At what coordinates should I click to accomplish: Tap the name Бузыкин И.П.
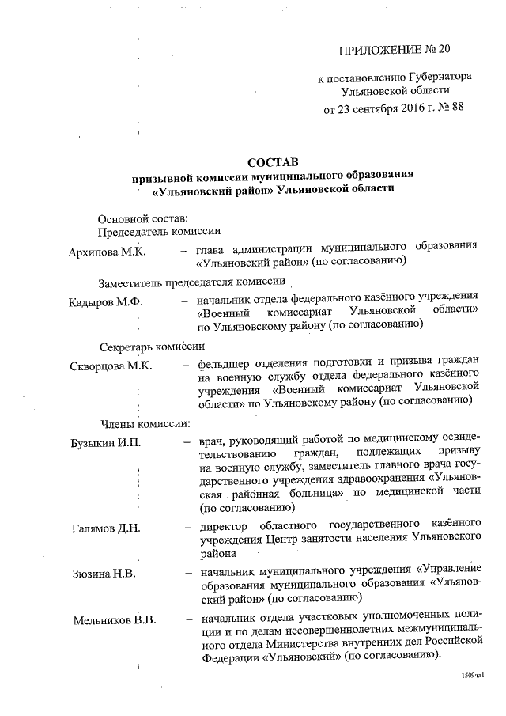pos(106,441)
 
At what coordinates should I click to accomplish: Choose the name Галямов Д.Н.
pos(105,528)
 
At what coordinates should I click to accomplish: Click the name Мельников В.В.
pos(113,619)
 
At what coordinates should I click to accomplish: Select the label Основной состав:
pos(142,217)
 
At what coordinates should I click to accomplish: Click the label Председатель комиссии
pos(158,231)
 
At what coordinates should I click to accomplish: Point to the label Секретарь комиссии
pos(152,346)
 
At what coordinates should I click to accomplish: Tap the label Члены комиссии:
pos(144,422)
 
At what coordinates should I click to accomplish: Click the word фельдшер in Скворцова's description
pos(226,365)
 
